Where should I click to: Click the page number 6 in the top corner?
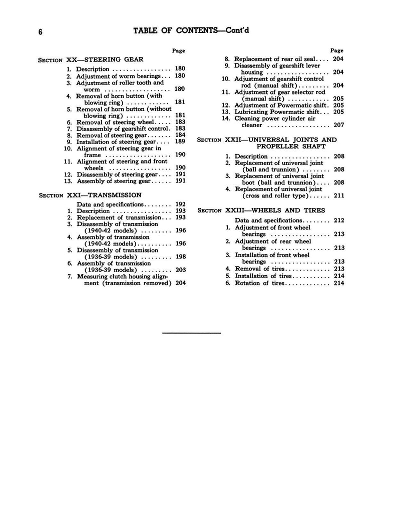click(41, 31)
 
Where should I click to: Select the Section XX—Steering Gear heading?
click(91, 59)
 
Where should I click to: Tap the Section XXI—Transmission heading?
click(90, 195)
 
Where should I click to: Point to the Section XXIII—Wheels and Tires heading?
click(261, 210)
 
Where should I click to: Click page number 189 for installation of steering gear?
click(180, 141)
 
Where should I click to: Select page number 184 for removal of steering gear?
click(180, 135)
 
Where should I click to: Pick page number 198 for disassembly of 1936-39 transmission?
click(180, 257)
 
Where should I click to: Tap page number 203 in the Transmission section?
click(180, 269)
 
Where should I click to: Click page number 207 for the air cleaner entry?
click(338, 124)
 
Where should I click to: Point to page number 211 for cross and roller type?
click(338, 195)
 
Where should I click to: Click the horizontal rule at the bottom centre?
click(192, 332)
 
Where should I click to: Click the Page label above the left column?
click(178, 50)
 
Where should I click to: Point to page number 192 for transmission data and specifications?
click(180, 204)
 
